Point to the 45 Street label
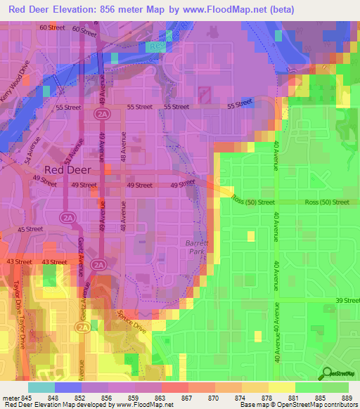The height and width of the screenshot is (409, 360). [x=30, y=230]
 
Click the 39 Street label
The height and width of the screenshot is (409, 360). [x=347, y=300]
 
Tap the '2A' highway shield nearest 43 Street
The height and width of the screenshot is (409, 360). [x=99, y=265]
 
